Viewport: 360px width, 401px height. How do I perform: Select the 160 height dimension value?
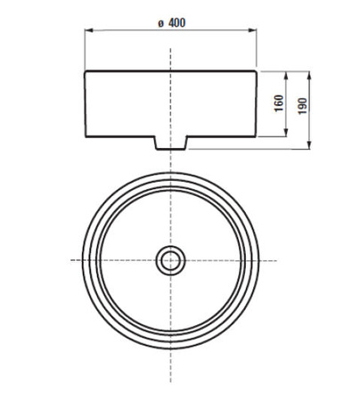(278, 103)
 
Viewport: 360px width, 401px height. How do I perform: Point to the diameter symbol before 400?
(158, 21)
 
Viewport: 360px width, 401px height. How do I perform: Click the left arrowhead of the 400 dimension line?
(88, 32)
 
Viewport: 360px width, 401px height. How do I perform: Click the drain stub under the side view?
(169, 143)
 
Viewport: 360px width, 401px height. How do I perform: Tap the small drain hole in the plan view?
(169, 260)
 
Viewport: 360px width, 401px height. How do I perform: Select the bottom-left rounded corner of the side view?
(87, 134)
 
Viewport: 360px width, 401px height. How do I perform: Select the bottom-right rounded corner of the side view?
(252, 134)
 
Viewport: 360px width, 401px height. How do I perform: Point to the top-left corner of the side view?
(86, 71)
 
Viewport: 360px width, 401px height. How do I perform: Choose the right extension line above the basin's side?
(255, 49)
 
